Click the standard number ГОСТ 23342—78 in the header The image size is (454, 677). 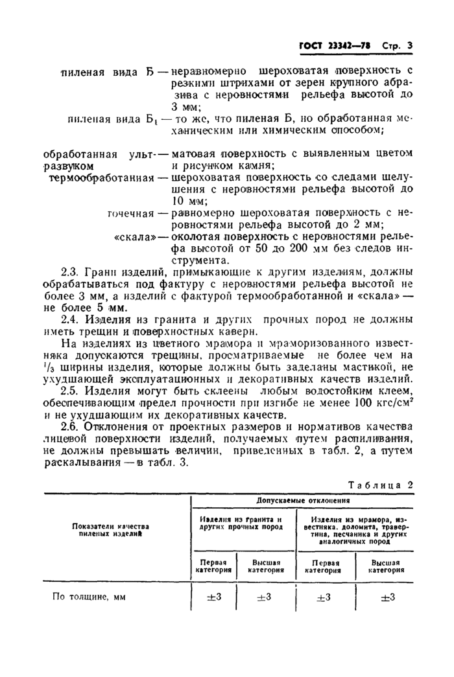click(x=330, y=46)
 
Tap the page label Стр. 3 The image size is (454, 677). click(x=398, y=46)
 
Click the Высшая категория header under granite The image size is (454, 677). click(x=266, y=566)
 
